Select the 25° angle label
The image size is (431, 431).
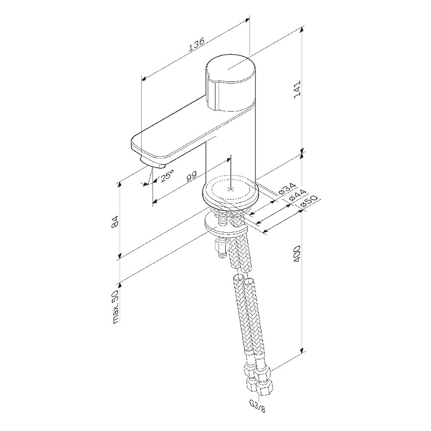[167, 176]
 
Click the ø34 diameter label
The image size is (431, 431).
[285, 189]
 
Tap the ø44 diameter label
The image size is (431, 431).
[297, 196]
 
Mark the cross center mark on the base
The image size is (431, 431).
[231, 190]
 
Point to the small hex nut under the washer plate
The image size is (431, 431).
[219, 248]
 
